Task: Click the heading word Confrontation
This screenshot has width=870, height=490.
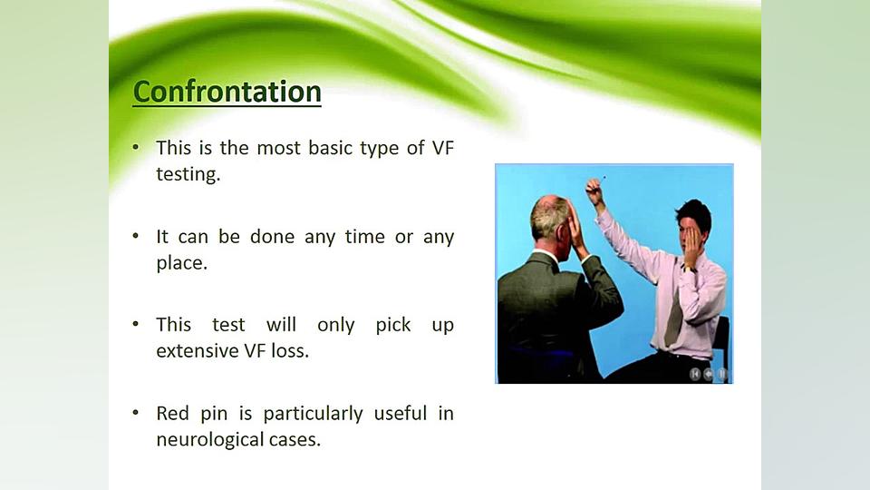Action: [x=227, y=92]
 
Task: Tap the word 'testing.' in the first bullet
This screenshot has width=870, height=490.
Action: [x=188, y=174]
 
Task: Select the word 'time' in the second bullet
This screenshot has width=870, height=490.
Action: [x=364, y=237]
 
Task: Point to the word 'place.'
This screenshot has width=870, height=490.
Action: [x=181, y=263]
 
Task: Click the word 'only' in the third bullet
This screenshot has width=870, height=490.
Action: [x=335, y=325]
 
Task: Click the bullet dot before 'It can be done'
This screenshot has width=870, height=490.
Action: [x=136, y=236]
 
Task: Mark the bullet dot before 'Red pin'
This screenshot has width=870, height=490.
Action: [x=136, y=413]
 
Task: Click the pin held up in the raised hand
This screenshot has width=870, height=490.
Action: [x=604, y=179]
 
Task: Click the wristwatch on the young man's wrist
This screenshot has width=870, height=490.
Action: [x=689, y=269]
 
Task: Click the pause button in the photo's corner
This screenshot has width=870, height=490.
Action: [x=722, y=375]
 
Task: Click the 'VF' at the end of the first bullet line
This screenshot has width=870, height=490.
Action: [x=442, y=148]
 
